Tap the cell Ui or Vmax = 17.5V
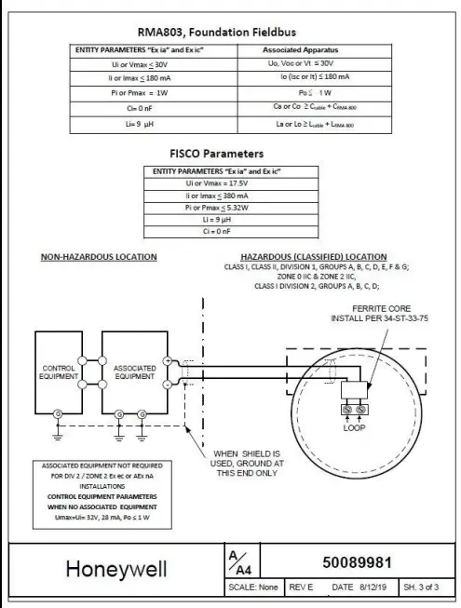click(216, 183)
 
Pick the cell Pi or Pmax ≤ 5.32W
click(216, 208)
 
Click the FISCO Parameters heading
click(216, 153)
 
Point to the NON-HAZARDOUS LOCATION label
click(99, 257)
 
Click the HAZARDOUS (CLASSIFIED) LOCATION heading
click(313, 256)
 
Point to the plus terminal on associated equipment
click(168, 360)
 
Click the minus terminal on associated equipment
click(168, 383)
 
